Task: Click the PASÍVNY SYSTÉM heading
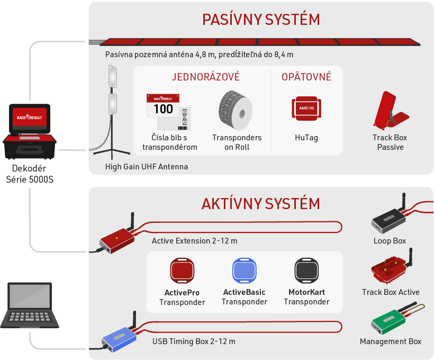261,19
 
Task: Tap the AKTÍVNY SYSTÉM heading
261,203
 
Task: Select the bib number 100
164,109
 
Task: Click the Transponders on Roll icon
236,110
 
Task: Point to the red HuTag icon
306,109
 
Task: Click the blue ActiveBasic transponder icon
245,271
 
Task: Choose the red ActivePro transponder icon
182,271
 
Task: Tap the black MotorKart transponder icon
306,271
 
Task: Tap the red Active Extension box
117,240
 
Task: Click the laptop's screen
30,296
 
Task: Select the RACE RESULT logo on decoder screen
30,118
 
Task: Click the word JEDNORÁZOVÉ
206,77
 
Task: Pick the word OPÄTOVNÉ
306,77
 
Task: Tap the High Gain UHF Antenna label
147,167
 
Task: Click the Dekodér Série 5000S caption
30,174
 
